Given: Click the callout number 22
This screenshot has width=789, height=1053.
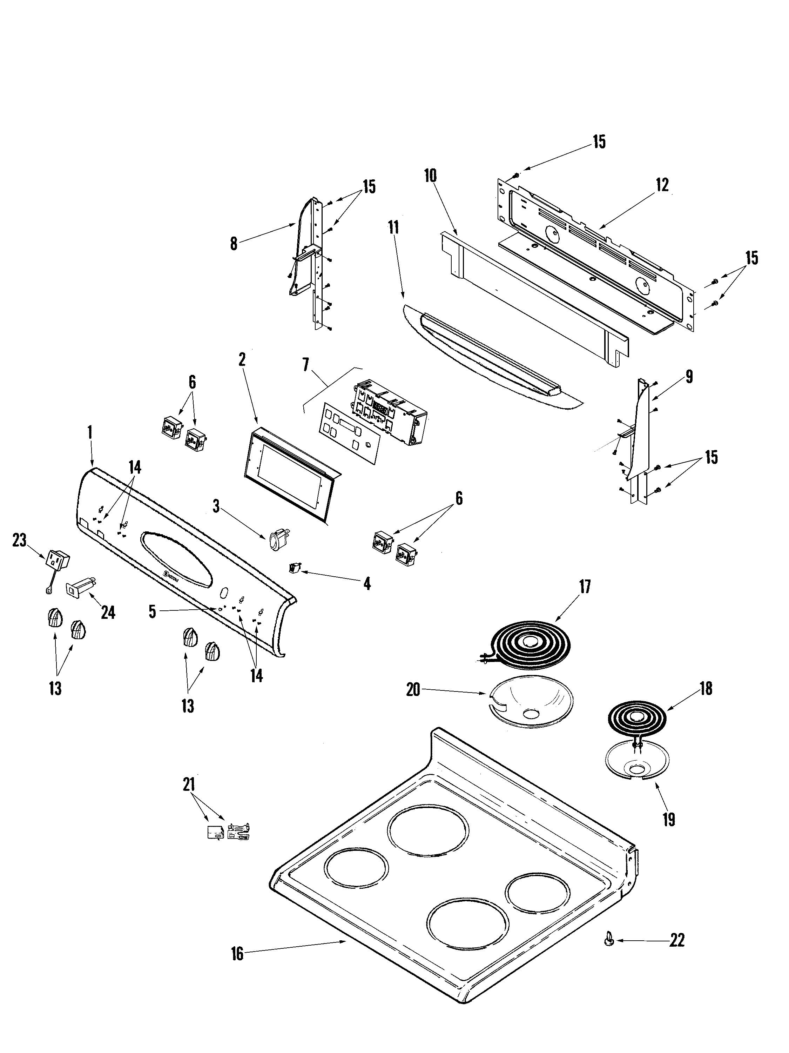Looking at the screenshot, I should click(x=677, y=940).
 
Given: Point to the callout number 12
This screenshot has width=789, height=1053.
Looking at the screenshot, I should click(x=662, y=185).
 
